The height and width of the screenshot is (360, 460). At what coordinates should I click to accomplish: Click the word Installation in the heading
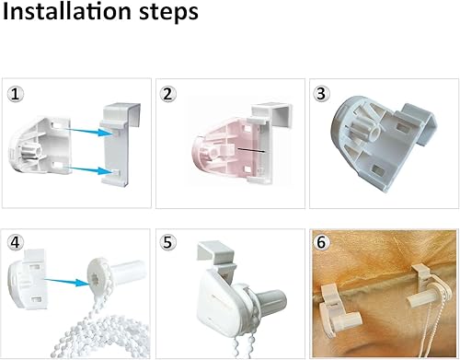coord(66,11)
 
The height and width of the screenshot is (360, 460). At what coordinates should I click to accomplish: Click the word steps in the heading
coord(168,14)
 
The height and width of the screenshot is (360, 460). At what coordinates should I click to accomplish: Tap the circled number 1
coord(15,94)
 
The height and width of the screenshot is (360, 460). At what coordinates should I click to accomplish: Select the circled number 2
coord(167,94)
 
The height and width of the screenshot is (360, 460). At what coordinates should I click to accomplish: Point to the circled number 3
coord(321,94)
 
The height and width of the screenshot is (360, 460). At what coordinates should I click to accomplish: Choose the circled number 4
coord(15,242)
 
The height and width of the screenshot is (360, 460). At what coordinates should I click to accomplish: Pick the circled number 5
coord(167,242)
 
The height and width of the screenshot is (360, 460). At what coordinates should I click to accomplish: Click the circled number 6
coord(321,242)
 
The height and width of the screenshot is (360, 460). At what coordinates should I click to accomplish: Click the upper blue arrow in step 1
coord(86,132)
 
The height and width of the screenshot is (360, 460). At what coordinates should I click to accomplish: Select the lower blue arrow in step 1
coord(86,169)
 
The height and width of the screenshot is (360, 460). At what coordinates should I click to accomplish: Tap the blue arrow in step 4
coord(66,282)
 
